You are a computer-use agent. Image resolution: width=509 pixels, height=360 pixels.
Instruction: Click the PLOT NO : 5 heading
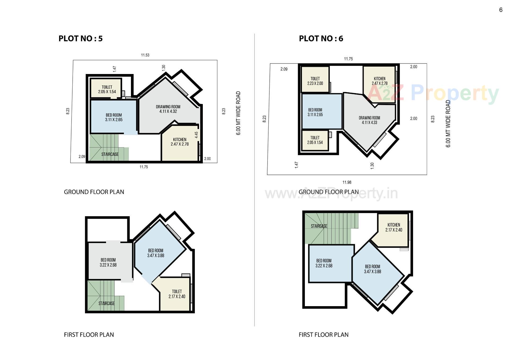tap(80, 39)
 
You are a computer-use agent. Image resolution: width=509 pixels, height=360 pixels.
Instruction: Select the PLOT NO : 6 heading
tap(321, 39)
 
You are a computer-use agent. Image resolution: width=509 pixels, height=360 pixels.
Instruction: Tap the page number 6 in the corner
tap(501, 10)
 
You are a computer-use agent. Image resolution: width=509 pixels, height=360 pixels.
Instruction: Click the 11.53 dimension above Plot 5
tap(145, 55)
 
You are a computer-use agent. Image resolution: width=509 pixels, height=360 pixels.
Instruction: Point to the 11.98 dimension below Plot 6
tap(347, 182)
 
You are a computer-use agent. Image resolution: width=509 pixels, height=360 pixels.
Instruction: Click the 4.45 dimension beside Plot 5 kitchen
tap(196, 135)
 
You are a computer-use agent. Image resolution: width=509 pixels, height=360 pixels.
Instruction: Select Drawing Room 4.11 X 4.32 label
tap(168, 109)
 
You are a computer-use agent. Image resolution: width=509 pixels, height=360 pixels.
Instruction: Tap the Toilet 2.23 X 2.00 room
tap(315, 81)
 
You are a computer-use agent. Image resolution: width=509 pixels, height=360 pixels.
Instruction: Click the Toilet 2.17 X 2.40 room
tap(177, 294)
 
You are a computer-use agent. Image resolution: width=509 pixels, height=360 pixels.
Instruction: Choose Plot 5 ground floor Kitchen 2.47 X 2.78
tap(179, 142)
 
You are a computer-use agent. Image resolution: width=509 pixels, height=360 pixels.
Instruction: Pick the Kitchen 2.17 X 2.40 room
tap(394, 227)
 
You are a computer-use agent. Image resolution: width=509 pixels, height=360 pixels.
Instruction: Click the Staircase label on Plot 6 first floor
tap(319, 226)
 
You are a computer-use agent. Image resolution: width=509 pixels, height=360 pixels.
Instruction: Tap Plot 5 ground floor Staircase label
tap(110, 154)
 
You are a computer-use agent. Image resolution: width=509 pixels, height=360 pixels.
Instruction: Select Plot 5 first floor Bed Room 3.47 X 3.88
tap(156, 253)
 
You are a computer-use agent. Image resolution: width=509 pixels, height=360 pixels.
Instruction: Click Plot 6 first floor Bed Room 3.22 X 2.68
tap(324, 263)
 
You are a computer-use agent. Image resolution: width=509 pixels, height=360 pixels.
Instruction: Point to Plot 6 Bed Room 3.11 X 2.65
tap(315, 112)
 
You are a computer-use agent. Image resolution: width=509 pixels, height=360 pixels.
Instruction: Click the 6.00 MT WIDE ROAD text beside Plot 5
tap(238, 113)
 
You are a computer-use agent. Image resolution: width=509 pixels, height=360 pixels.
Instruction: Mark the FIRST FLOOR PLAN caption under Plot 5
tap(89, 335)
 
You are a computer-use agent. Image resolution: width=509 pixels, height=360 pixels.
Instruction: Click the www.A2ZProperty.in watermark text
tap(331, 194)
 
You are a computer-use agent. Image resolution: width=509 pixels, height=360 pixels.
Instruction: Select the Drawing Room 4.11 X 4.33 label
tap(369, 120)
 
